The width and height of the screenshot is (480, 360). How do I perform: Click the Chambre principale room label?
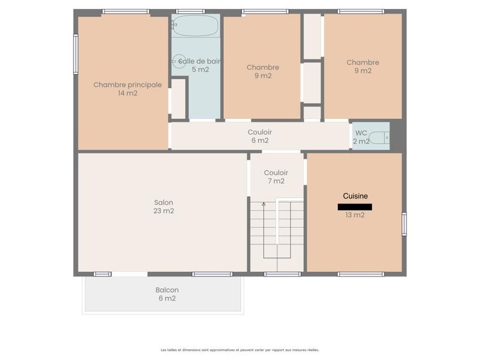click(x=127, y=85)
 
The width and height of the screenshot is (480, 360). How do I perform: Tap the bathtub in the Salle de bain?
click(x=196, y=26)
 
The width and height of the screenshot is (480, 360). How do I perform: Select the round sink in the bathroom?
click(x=179, y=61)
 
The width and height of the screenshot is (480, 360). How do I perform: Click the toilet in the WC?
click(x=379, y=137)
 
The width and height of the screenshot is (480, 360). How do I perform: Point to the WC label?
click(x=361, y=133)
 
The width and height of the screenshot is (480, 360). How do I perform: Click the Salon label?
click(x=163, y=202)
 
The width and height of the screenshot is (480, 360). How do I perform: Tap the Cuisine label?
click(x=355, y=196)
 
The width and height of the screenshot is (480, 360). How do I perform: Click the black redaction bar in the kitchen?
click(x=355, y=207)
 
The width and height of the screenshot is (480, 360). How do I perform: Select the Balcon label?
click(x=167, y=290)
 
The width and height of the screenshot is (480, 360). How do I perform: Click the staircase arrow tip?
click(x=263, y=204)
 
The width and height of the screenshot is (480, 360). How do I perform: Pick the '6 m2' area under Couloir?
click(x=260, y=140)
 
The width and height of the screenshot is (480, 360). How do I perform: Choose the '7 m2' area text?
click(x=276, y=181)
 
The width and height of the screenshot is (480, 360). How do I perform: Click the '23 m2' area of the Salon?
click(x=163, y=211)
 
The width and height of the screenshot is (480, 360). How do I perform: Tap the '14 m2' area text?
click(x=127, y=93)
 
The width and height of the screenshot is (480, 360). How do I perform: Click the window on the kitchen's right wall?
click(x=404, y=224)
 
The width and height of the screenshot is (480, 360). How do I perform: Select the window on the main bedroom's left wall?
click(x=76, y=54)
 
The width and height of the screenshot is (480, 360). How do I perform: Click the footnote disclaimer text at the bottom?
click(x=239, y=350)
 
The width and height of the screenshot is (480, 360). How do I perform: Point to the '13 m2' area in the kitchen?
click(x=355, y=215)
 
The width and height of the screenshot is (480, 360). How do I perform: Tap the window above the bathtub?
click(x=190, y=11)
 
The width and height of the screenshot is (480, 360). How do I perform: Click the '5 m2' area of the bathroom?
click(x=200, y=69)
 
